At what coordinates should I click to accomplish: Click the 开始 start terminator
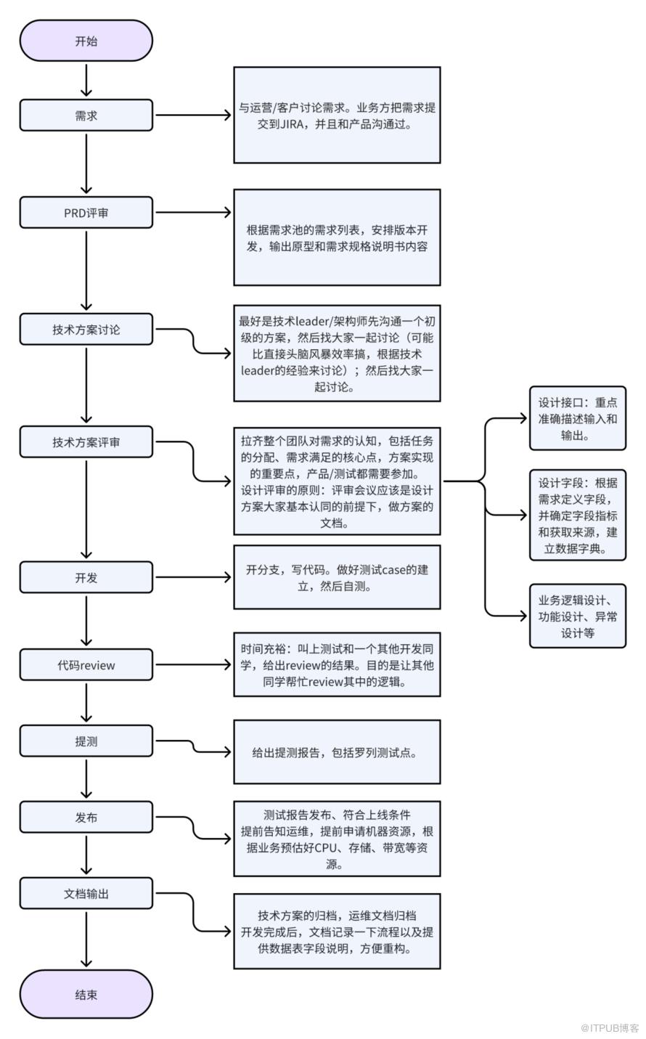coord(86,41)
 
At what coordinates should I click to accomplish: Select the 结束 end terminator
coord(86,994)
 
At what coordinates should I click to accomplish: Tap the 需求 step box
coord(86,115)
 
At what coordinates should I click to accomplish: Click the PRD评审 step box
coord(86,213)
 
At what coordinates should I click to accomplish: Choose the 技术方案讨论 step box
coord(86,330)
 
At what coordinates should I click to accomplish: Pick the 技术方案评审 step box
coord(86,442)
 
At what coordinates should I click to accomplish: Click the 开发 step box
coord(86,577)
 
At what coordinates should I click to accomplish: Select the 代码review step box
coord(86,665)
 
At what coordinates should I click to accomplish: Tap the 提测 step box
coord(86,741)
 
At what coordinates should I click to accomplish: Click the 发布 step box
coord(86,818)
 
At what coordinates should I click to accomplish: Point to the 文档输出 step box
coord(86,893)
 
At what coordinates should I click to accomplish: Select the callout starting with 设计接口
coord(578,418)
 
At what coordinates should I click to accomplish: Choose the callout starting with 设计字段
coord(578,516)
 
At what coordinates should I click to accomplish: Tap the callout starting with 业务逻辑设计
coord(578,616)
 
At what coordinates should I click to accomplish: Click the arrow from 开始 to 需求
coord(86,80)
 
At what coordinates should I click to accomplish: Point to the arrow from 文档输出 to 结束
coord(86,940)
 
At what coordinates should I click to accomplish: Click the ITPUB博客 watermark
coord(610,1028)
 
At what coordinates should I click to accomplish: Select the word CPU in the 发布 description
coord(326,848)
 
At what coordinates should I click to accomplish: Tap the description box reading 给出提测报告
coord(337,752)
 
